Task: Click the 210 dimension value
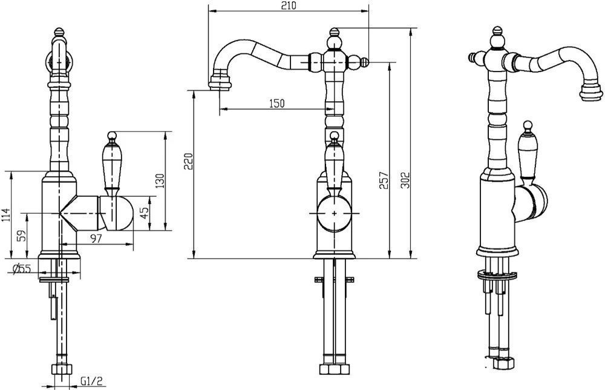tap(288, 6)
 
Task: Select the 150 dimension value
tap(276, 104)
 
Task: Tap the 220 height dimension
tap(188, 162)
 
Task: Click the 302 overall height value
tap(405, 180)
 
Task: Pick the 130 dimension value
tap(160, 180)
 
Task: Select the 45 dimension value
tap(143, 213)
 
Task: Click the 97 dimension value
tap(96, 239)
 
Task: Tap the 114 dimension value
tap(5, 215)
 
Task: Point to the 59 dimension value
tap(23, 236)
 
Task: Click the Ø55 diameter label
tap(22, 269)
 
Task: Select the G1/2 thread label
tap(92, 382)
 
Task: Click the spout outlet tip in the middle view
tap(220, 84)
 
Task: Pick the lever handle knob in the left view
tap(112, 136)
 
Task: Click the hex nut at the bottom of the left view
tap(62, 369)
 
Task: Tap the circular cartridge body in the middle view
tap(334, 213)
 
